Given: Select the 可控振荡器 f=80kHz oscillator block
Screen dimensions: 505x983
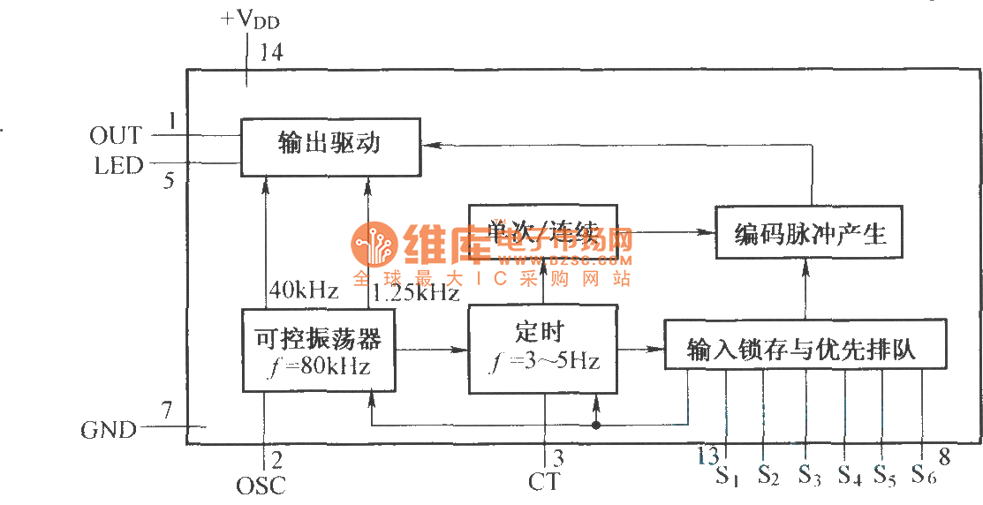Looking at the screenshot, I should tap(319, 350).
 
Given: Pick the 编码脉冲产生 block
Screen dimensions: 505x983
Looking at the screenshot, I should tap(810, 233).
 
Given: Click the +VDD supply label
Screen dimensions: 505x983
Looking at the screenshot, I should tap(250, 19).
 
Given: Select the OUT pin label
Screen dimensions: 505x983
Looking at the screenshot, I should tap(115, 135).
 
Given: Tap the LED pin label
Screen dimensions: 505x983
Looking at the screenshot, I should tap(117, 165).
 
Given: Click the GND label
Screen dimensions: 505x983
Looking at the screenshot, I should tap(109, 430).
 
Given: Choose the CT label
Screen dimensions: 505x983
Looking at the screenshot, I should tap(544, 482).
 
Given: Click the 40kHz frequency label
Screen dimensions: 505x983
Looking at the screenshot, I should tap(303, 289).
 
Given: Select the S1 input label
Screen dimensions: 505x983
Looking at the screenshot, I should tap(727, 478).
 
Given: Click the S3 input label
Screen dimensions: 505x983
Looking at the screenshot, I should tap(809, 475).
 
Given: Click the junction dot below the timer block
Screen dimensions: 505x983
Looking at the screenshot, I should tap(597, 426).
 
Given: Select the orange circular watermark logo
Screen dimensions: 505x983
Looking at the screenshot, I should tap(374, 245).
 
